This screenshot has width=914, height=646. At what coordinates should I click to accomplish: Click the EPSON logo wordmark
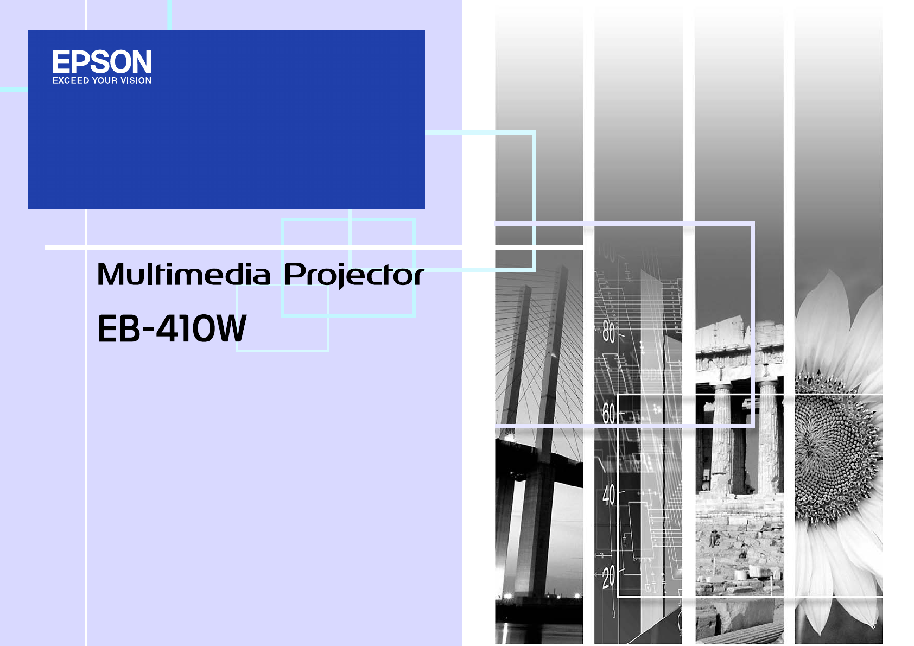[102, 61]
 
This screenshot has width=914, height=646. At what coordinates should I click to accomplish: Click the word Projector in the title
[354, 275]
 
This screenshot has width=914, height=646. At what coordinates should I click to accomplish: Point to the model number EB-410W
[172, 328]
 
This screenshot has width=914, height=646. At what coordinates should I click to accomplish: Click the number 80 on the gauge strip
[609, 331]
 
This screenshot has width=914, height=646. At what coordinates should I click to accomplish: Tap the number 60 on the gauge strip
[609, 414]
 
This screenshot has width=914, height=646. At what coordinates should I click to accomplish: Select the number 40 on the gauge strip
[609, 495]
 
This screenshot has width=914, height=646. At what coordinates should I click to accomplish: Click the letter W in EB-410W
[231, 328]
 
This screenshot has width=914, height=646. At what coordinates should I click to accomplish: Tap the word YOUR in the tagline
[105, 80]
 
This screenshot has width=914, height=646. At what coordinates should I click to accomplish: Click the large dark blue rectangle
[226, 119]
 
